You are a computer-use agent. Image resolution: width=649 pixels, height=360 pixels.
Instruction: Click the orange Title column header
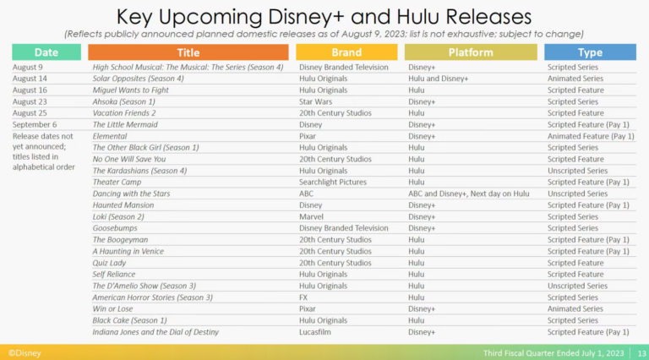pyautogui.click(x=188, y=52)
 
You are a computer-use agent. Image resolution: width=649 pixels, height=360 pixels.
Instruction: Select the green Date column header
pyautogui.click(x=46, y=52)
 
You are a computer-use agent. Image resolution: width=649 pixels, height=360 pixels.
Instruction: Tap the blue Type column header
pyautogui.click(x=590, y=52)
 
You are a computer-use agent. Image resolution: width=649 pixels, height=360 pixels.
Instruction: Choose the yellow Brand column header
pyautogui.click(x=346, y=52)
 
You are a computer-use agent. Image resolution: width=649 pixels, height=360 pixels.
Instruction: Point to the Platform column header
pyautogui.click(x=471, y=52)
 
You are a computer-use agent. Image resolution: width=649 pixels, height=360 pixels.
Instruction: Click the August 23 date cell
pyautogui.click(x=30, y=101)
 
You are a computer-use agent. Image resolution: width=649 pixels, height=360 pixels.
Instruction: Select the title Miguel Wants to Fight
pyautogui.click(x=130, y=90)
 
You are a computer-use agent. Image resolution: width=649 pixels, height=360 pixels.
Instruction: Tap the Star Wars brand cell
pyautogui.click(x=315, y=101)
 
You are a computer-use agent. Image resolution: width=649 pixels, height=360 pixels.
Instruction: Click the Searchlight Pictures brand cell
pyautogui.click(x=333, y=182)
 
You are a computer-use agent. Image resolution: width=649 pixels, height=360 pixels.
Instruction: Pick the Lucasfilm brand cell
pyautogui.click(x=315, y=332)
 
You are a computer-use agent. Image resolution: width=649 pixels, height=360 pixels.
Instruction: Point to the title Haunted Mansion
pyautogui.click(x=123, y=205)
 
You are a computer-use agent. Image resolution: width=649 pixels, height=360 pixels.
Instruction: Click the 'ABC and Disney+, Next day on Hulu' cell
pyautogui.click(x=468, y=194)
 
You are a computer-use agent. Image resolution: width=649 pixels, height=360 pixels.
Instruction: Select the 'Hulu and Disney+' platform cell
pyautogui.click(x=438, y=79)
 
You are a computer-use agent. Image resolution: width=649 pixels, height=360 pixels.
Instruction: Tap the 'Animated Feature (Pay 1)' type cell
pyautogui.click(x=591, y=136)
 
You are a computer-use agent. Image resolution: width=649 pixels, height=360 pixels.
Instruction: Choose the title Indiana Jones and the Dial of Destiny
pyautogui.click(x=155, y=332)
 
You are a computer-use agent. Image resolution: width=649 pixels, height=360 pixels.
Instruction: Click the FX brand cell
pyautogui.click(x=303, y=297)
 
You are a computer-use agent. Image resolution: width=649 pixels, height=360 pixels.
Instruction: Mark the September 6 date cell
pyautogui.click(x=35, y=124)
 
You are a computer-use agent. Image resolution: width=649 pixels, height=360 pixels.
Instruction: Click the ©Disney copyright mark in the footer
pyautogui.click(x=25, y=353)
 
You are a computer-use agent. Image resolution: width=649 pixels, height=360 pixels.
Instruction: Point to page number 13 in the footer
pyautogui.click(x=641, y=353)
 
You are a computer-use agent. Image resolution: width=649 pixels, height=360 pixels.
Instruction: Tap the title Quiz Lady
pyautogui.click(x=109, y=263)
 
